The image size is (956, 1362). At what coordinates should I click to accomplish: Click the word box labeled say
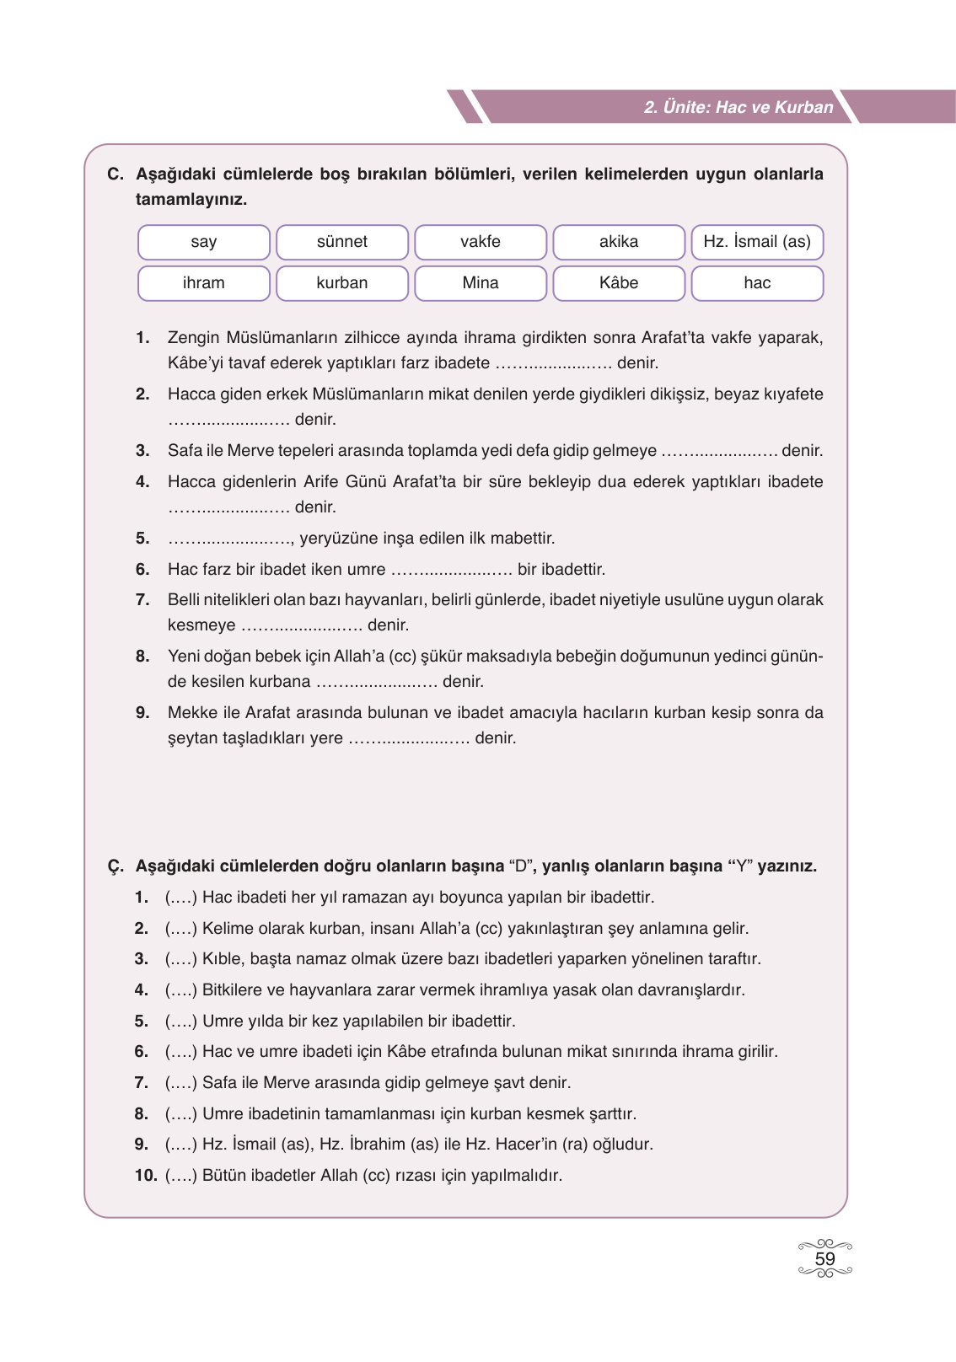203,242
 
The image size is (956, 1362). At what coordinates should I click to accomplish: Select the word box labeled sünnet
341,242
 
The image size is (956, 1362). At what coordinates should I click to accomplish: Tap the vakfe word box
480,242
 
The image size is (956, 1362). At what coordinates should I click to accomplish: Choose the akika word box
618,242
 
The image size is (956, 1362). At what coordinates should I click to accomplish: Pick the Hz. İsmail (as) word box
756,242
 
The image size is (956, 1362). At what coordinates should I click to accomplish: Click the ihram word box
203,283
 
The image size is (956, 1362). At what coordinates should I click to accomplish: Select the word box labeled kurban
341,283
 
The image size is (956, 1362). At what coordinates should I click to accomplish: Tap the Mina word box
480,283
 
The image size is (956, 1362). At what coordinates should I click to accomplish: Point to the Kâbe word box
618,283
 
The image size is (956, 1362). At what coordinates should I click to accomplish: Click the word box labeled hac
756,283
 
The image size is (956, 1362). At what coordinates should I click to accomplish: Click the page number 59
824,1259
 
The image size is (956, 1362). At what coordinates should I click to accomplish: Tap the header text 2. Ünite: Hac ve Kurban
738,107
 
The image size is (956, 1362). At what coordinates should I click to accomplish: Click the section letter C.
115,174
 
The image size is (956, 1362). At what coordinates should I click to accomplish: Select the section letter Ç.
115,866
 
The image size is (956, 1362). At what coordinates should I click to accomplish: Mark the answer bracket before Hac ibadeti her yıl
180,898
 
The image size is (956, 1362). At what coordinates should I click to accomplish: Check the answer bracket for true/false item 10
180,1176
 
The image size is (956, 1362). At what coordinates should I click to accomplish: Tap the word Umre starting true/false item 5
223,1021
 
